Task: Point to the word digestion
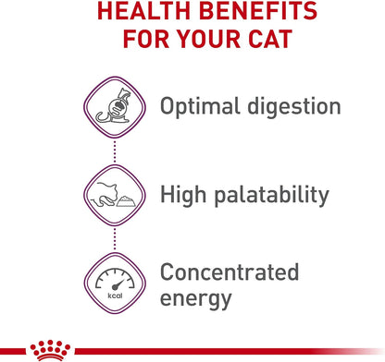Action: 292,107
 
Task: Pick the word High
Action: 185,194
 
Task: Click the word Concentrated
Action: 230,271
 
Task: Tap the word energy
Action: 196,299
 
